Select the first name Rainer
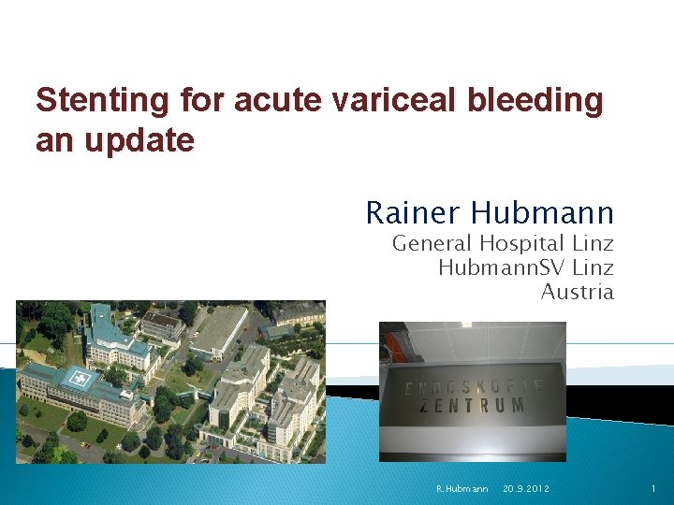click(413, 213)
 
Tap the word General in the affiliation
click(430, 245)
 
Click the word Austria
click(578, 292)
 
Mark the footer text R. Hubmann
click(462, 489)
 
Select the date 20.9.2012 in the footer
click(526, 489)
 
